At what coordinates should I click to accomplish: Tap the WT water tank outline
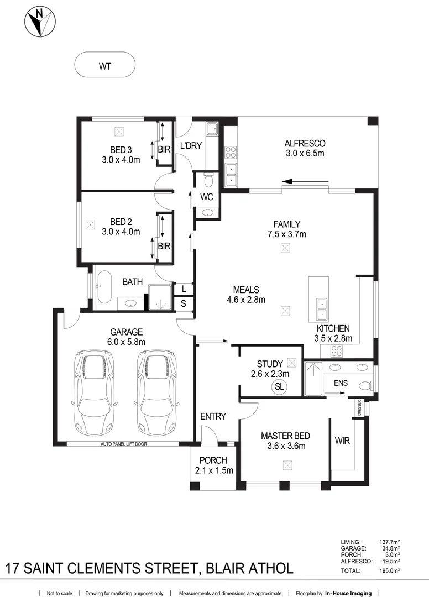tap(104, 66)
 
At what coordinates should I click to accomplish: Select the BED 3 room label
tap(121, 149)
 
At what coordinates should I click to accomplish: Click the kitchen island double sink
tap(321, 310)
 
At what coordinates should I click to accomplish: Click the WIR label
tap(342, 441)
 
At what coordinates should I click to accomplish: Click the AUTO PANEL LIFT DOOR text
tap(124, 444)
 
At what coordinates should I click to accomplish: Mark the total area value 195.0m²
tap(390, 570)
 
